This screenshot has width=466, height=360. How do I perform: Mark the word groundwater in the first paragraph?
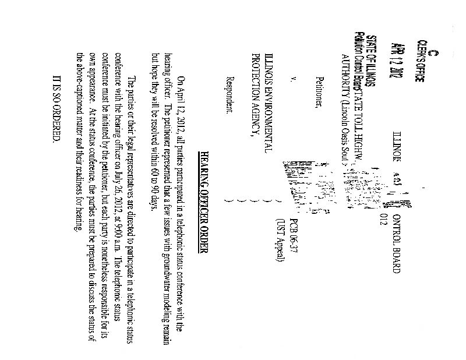165,269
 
